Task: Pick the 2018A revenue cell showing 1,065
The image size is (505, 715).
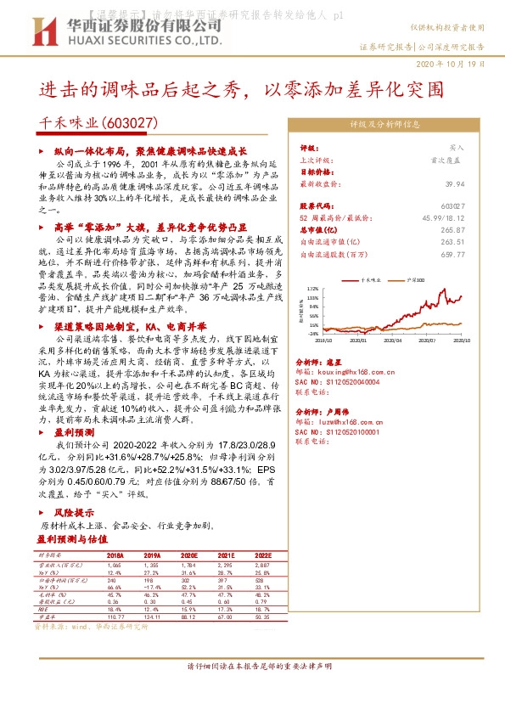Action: [115, 564]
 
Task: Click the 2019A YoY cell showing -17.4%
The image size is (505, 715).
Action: [150, 586]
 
